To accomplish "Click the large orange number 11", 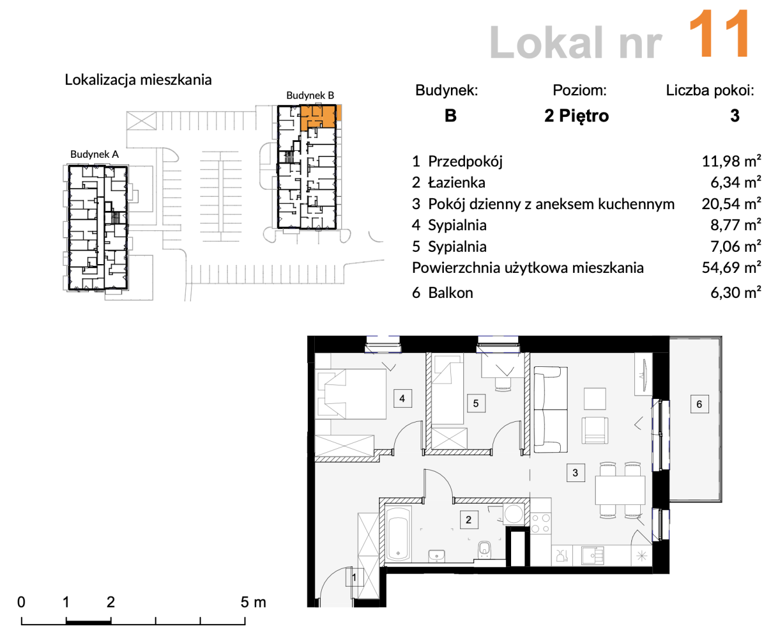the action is tap(719, 34).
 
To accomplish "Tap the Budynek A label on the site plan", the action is tap(94, 154).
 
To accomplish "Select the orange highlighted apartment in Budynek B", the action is tap(321, 117).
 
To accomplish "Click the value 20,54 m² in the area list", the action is tap(731, 204).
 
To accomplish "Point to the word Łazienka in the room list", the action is tap(457, 182).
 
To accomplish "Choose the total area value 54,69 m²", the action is tap(731, 268).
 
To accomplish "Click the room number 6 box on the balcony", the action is tap(699, 404).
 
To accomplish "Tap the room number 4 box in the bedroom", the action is tap(402, 398).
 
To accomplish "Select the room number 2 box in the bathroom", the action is tap(468, 519).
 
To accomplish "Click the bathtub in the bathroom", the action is tap(398, 533).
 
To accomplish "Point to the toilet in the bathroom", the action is tap(484, 550).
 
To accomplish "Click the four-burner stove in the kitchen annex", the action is tap(540, 523).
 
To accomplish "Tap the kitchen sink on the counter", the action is tap(592, 556).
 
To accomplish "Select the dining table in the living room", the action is tap(620, 490).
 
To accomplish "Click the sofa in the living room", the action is tap(551, 410).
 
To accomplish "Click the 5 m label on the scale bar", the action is tap(253, 602).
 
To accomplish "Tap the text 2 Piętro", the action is tap(576, 116).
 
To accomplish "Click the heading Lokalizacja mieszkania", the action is tap(138, 79).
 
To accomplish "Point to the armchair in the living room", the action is tap(595, 430).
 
